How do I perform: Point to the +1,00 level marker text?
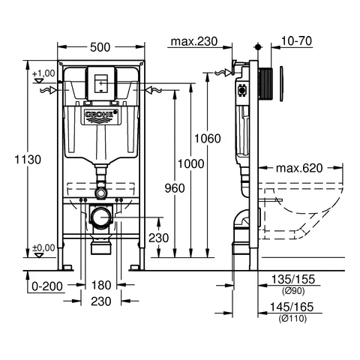click(43, 73)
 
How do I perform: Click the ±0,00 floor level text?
click(43, 247)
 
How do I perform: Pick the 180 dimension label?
click(103, 285)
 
